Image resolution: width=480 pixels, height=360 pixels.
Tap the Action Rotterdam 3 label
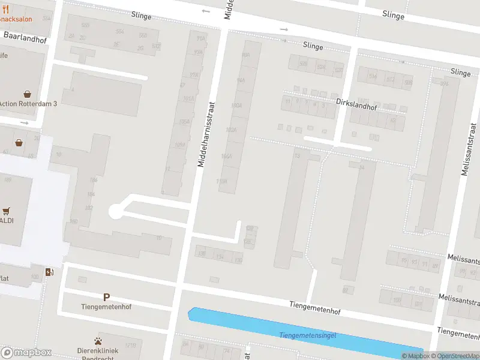(28, 103)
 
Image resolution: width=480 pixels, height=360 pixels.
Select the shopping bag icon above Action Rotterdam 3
(27, 94)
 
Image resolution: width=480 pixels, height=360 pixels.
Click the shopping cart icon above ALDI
(7, 211)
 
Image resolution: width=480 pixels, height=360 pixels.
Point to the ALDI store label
(7, 221)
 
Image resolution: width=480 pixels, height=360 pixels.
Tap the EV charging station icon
(50, 272)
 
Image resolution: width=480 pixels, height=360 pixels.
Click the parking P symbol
(106, 297)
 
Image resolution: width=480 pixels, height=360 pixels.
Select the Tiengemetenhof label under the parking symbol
(106, 307)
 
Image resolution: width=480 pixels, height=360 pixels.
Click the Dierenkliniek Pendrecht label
(98, 350)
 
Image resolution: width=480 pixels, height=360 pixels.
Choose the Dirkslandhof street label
(356, 103)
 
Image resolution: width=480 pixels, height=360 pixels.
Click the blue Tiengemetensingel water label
(307, 335)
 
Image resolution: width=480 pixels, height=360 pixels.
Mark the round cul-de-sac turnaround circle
(115, 211)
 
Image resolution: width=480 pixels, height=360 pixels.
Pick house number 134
(220, 257)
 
